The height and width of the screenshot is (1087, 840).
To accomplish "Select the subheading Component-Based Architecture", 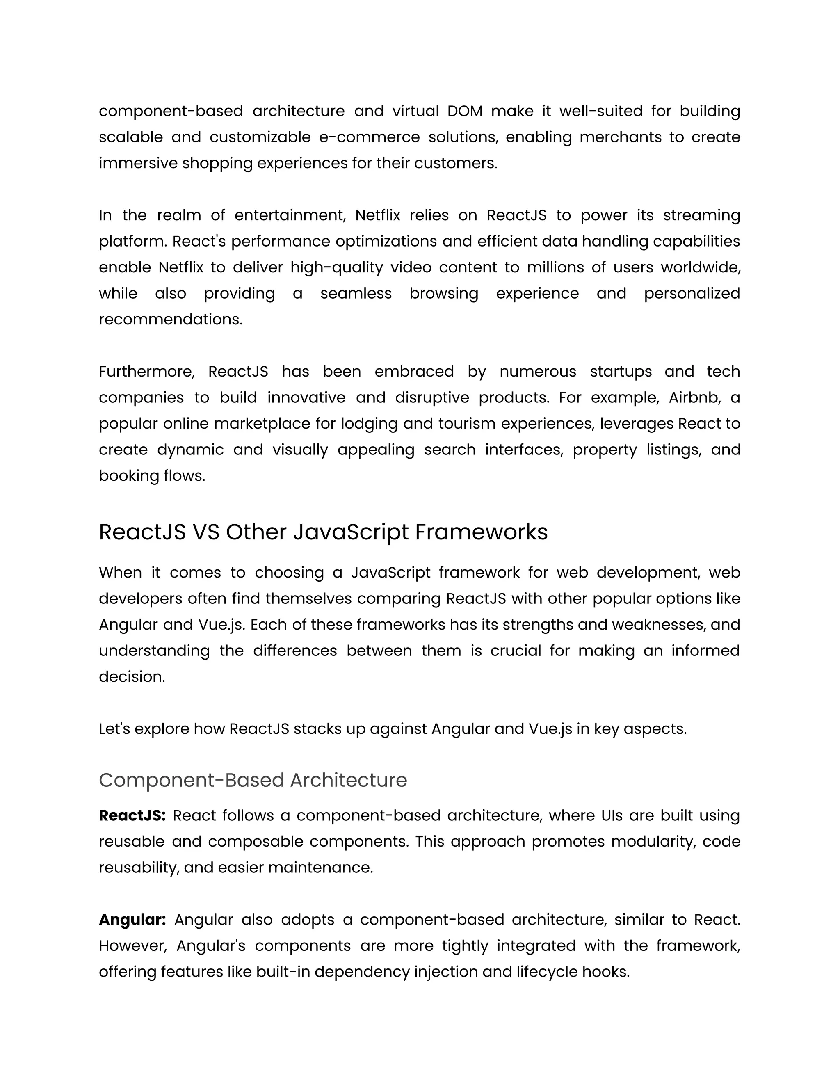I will pyautogui.click(x=253, y=780).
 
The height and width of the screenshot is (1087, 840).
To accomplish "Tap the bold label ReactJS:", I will pyautogui.click(x=132, y=816).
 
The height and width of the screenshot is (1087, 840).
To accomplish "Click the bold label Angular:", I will pyautogui.click(x=132, y=920).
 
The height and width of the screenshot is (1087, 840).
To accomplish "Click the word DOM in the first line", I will pyautogui.click(x=465, y=111).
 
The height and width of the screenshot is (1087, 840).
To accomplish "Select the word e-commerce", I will pyautogui.click(x=369, y=137).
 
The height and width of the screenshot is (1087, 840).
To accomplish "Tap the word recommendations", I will pyautogui.click(x=170, y=320).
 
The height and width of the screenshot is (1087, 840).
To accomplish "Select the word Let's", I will pyautogui.click(x=114, y=729).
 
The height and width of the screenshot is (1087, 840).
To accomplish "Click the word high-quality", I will pyautogui.click(x=336, y=268).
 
